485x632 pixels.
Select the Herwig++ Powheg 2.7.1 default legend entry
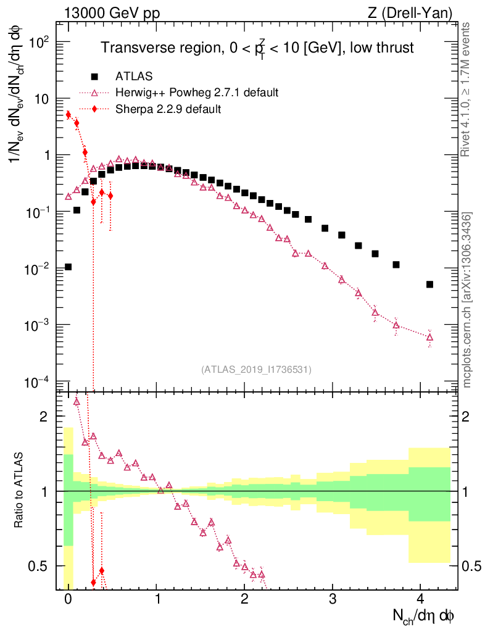pyautogui.click(x=197, y=93)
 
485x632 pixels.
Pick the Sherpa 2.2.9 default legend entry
pyautogui.click(x=168, y=109)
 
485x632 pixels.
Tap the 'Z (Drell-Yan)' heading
pyautogui.click(x=416, y=13)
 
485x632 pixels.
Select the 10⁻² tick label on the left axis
pyautogui.click(x=38, y=268)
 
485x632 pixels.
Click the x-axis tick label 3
pyautogui.click(x=333, y=599)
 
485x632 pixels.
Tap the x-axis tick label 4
pyautogui.click(x=420, y=599)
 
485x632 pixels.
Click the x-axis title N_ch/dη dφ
pyautogui.click(x=425, y=615)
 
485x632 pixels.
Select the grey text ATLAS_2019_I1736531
pyautogui.click(x=256, y=369)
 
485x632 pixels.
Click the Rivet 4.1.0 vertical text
pyautogui.click(x=467, y=89)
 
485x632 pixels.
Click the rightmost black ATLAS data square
pyautogui.click(x=429, y=285)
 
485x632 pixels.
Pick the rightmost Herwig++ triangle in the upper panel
pyautogui.click(x=429, y=337)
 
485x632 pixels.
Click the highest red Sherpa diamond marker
pyautogui.click(x=68, y=115)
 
